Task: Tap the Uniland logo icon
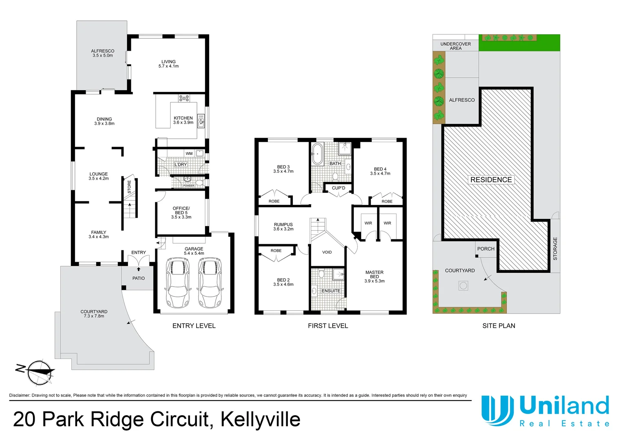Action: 497,410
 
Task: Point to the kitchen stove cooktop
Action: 184,98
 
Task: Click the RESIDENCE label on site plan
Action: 491,180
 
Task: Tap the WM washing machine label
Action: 189,154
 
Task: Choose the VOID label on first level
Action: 327,252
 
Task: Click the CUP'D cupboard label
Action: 338,188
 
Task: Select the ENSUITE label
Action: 331,291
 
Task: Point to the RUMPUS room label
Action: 283,225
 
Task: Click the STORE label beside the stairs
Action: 129,187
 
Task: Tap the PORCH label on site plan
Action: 486,249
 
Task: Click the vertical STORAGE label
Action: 555,249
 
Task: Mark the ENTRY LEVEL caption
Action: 194,326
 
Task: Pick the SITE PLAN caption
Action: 499,326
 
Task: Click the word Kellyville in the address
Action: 261,419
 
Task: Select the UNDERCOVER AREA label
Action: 455,46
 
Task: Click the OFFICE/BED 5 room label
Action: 181,212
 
